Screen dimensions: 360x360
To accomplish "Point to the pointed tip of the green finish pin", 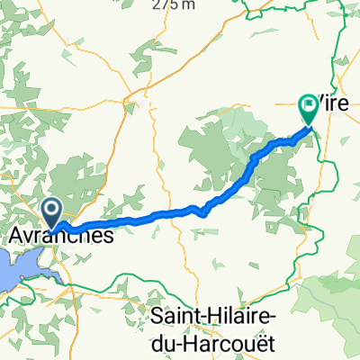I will (309, 124).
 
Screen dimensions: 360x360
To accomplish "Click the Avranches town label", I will (62, 236).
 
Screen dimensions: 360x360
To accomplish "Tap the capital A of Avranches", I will (18, 236).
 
